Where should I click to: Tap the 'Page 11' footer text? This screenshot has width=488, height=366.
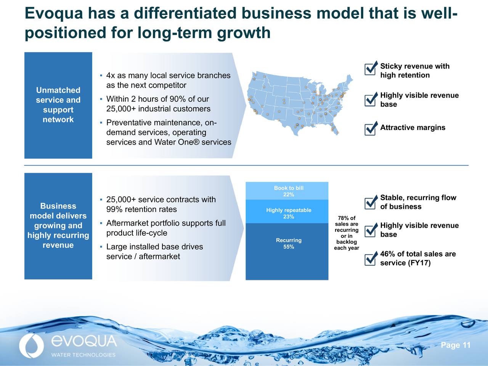[456, 345]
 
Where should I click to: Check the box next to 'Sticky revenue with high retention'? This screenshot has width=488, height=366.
[370, 69]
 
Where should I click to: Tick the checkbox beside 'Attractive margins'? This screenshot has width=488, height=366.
[370, 129]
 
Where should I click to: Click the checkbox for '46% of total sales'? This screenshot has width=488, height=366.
[370, 259]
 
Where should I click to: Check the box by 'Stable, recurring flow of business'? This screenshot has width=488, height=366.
[370, 203]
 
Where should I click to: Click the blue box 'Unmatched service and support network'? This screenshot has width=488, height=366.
[58, 105]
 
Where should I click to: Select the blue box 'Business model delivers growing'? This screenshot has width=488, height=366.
[58, 226]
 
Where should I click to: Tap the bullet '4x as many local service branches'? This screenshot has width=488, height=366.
[168, 75]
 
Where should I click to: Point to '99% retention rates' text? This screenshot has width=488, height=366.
[141, 209]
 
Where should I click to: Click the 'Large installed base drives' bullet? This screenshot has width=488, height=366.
[154, 247]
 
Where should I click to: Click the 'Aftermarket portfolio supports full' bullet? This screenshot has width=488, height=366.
[166, 223]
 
